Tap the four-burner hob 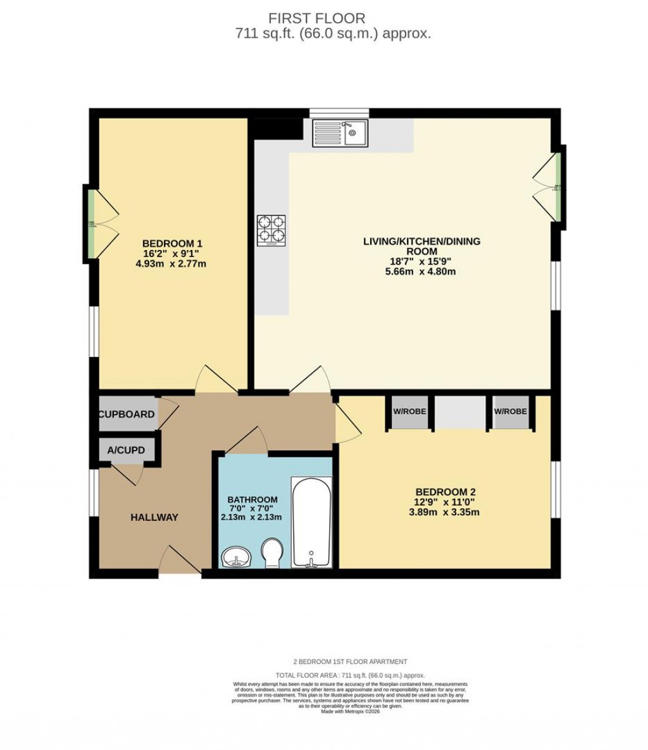click(271, 230)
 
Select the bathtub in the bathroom click(311, 522)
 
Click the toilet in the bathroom click(272, 553)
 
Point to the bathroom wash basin click(236, 557)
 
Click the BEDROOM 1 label click(172, 244)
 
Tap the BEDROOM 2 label click(445, 492)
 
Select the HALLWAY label click(154, 517)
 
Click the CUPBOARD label click(127, 415)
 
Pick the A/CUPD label click(126, 451)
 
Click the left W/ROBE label click(409, 411)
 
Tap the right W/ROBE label click(510, 411)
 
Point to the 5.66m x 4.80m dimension click(421, 272)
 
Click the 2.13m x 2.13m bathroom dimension click(251, 516)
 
